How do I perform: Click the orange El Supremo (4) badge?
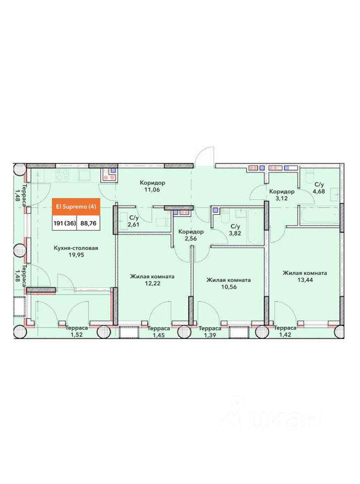coord(76,207)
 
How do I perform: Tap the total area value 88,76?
coord(88,223)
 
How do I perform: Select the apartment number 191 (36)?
coord(65,223)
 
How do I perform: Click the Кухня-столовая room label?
coord(76,248)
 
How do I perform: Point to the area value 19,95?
coord(76,255)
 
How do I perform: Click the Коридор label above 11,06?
coord(152,183)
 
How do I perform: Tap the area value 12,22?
coord(153,283)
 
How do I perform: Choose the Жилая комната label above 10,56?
coord(228,280)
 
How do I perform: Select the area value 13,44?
coord(305,280)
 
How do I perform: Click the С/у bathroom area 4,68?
coord(319,192)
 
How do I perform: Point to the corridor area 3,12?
coord(281,198)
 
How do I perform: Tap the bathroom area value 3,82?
coord(235,233)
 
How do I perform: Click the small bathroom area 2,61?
coord(134,224)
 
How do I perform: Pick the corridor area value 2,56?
coord(191,238)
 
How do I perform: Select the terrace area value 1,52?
coord(76,335)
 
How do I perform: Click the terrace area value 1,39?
coord(210,335)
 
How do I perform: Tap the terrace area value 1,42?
coord(285,335)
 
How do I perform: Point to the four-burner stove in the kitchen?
coord(62,175)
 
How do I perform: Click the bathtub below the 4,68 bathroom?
coord(320,215)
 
